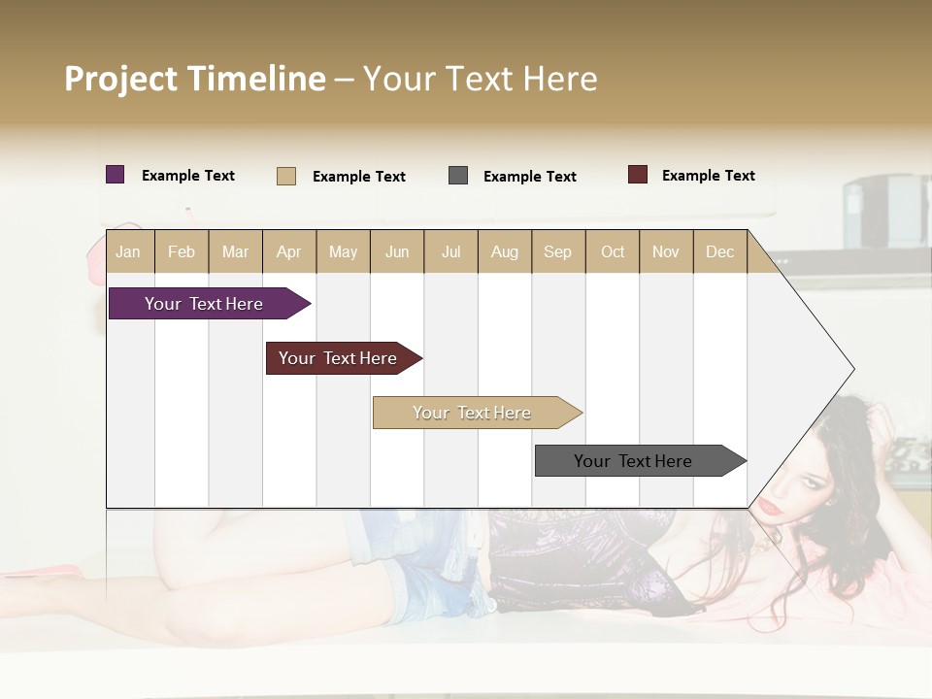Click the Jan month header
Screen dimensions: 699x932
pyautogui.click(x=128, y=251)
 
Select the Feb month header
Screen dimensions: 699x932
pyautogui.click(x=182, y=251)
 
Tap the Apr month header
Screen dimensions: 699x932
pyautogui.click(x=288, y=251)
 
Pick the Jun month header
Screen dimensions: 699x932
pyautogui.click(x=397, y=251)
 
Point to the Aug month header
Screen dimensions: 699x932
pyautogui.click(x=504, y=251)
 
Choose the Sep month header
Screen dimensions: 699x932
pyautogui.click(x=557, y=251)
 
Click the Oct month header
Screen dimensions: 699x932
pyautogui.click(x=613, y=251)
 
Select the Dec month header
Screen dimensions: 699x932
pyautogui.click(x=719, y=251)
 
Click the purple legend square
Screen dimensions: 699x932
pyautogui.click(x=116, y=175)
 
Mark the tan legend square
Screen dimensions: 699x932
pyautogui.click(x=286, y=176)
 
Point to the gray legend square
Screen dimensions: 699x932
pyautogui.click(x=458, y=176)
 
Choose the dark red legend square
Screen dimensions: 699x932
pyautogui.click(x=638, y=175)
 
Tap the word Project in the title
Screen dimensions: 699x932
pyautogui.click(x=120, y=79)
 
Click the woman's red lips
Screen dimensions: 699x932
pyautogui.click(x=769, y=506)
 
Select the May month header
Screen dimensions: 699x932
pyautogui.click(x=343, y=251)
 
